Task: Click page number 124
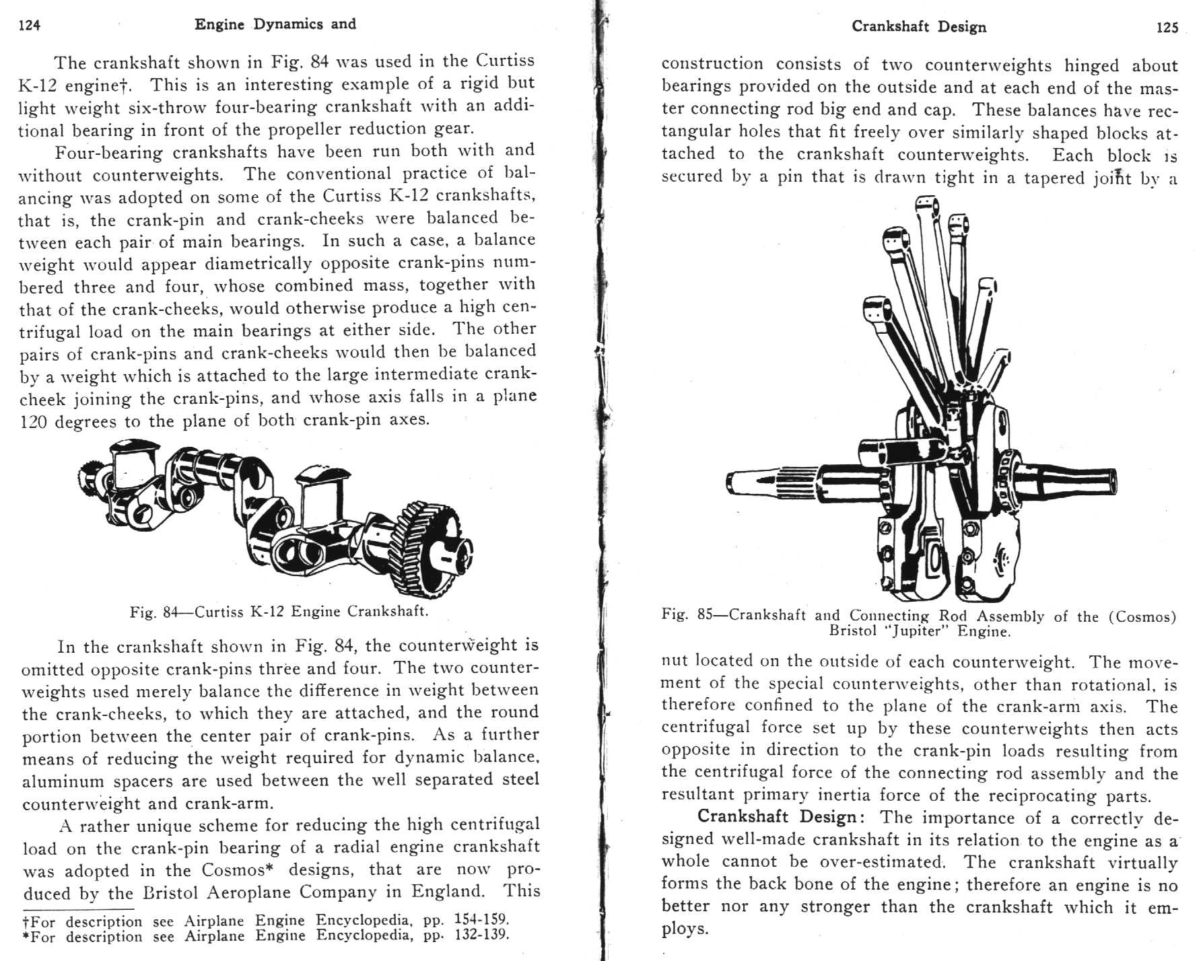pos(30,26)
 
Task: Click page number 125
pos(1167,28)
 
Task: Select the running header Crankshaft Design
pos(919,27)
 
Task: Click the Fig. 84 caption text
pos(279,612)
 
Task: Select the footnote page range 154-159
pos(481,919)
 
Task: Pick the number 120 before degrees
pos(33,422)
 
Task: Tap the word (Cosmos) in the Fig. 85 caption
pos(1142,616)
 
